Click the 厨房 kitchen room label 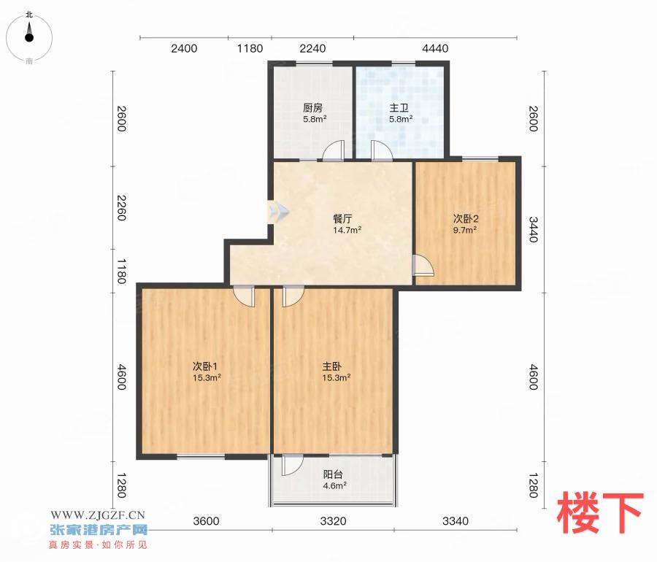(312, 108)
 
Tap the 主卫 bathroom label (399, 108)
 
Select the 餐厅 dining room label (342, 219)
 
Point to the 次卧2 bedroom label (466, 219)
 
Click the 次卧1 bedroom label (205, 366)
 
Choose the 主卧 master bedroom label (331, 366)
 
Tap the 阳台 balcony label (333, 474)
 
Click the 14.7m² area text (347, 230)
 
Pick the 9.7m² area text (465, 230)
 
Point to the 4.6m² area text (334, 486)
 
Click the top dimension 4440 (435, 49)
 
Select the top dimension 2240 (312, 49)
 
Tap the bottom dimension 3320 (333, 521)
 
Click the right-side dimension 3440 (533, 229)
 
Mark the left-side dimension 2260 (121, 207)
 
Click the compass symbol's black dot (29, 38)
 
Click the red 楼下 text (599, 513)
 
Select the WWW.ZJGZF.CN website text (98, 515)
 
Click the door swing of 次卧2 (423, 265)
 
